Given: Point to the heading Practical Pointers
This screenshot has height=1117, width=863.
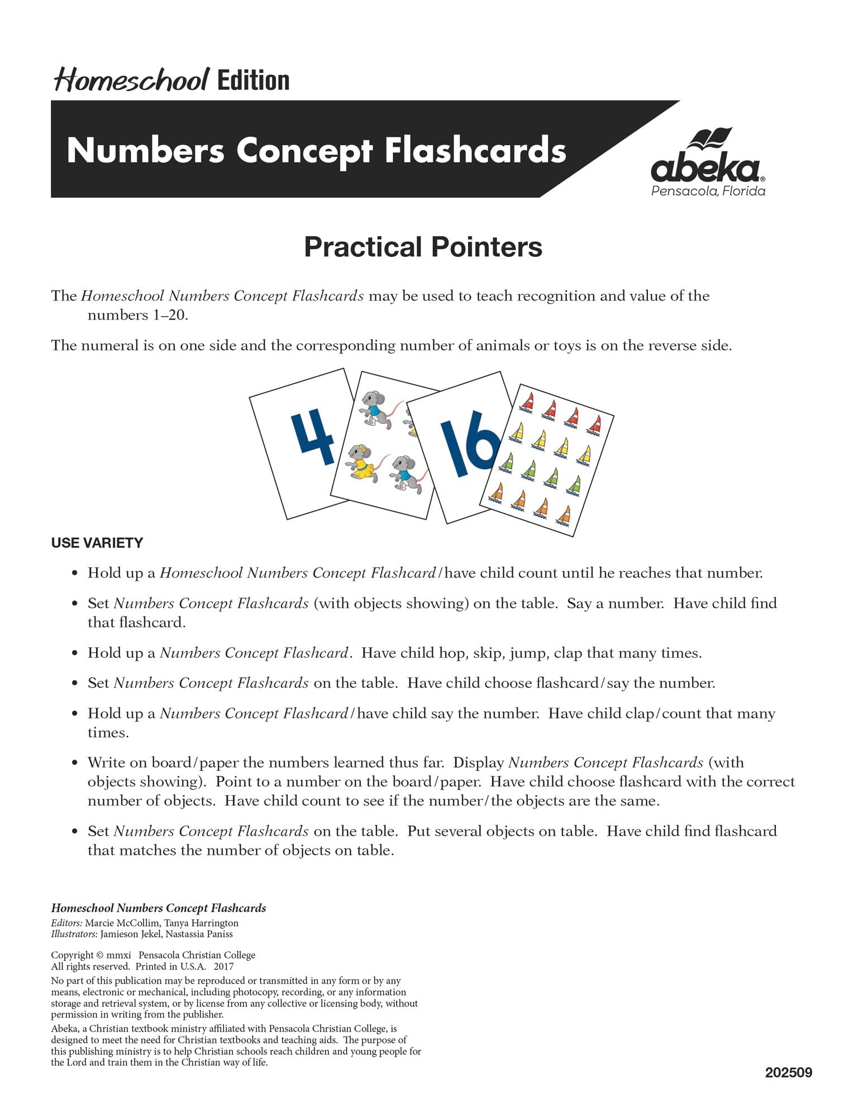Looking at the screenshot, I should click(x=423, y=247).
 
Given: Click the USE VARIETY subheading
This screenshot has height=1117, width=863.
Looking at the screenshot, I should click(x=97, y=543).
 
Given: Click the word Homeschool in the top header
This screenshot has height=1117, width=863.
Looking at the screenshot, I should click(x=132, y=80).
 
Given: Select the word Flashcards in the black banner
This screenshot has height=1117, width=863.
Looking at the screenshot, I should click(x=475, y=151).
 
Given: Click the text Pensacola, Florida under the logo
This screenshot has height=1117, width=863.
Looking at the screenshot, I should click(x=708, y=191).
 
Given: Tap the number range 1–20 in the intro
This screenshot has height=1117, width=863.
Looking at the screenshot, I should click(x=168, y=315).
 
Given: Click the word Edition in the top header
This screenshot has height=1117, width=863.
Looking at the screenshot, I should click(x=253, y=80).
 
